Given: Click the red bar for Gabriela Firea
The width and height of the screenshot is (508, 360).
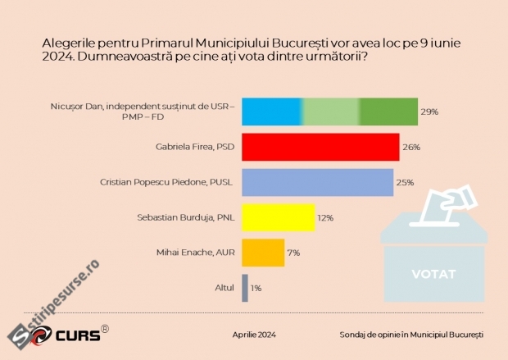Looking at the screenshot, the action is point(320,147).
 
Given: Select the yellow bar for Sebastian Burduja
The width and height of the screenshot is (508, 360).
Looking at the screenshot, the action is point(279,217).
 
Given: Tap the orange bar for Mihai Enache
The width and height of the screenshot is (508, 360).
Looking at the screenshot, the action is point(263,253).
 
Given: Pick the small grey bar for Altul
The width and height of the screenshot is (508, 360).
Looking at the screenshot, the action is point(245,288).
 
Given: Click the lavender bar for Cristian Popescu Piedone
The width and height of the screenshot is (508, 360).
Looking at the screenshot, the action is point(318,182).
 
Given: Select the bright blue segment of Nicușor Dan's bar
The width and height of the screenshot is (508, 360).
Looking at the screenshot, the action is point(272,112).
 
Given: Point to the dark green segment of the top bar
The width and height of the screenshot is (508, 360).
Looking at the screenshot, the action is point(388,112).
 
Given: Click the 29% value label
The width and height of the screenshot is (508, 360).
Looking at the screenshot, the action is point(429,112).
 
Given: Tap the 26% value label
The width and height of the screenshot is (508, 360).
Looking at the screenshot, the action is point(411,148).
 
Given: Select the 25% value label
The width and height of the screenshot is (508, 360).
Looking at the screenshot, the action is point(406,183).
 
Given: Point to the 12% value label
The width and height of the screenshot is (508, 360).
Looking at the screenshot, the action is point(325,218).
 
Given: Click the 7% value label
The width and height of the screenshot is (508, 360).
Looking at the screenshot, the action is point(293,253).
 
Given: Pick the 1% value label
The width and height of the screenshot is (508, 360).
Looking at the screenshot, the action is point(256,288).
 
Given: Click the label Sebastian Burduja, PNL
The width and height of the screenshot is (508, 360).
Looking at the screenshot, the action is point(186,217).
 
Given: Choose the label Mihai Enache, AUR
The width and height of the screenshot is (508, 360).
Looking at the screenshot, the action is point(195,253).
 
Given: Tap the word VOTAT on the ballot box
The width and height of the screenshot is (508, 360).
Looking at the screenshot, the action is point(433,274).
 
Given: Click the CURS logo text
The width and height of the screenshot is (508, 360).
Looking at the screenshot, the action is point(78,335).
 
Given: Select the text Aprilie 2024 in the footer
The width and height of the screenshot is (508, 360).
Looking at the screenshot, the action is point(254,335).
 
